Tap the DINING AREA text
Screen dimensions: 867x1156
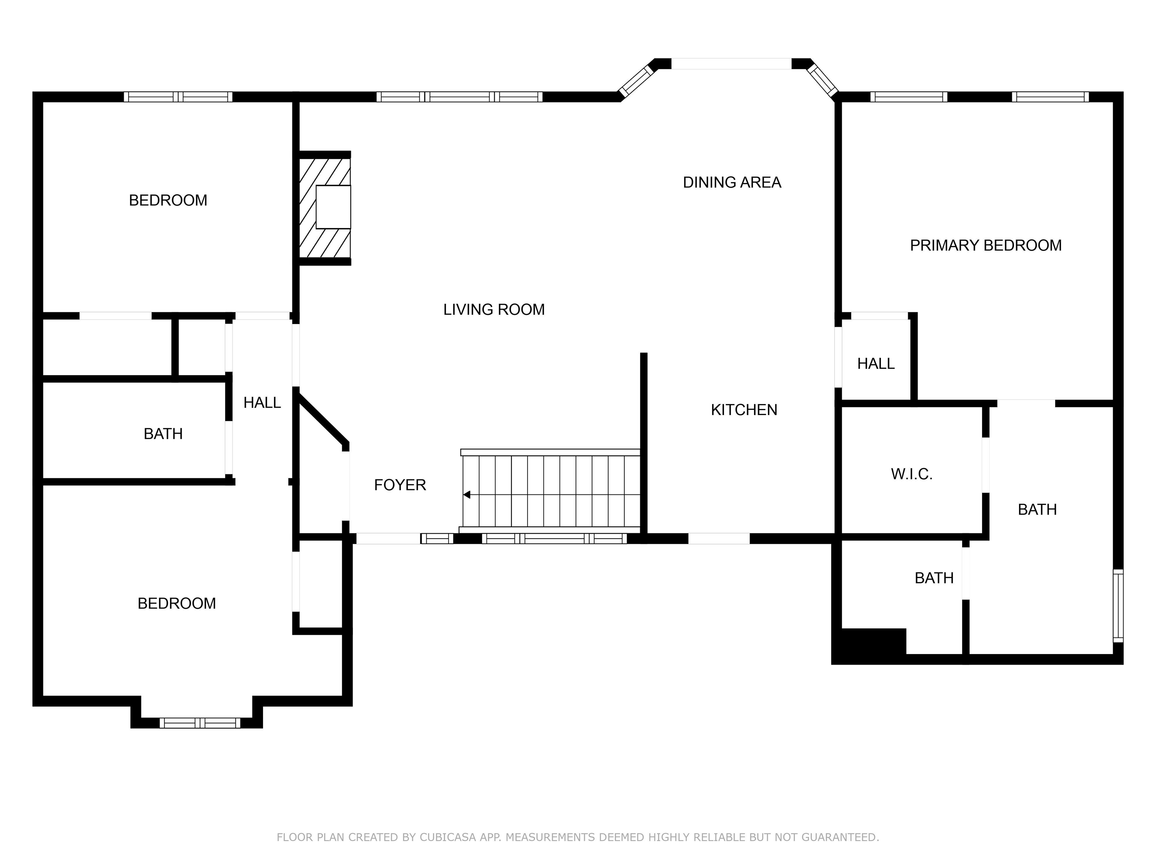tap(732, 183)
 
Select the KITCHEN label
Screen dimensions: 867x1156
tap(744, 410)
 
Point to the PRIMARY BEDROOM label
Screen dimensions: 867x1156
tap(986, 246)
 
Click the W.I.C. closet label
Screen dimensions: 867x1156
tap(911, 474)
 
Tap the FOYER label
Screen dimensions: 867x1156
tap(400, 485)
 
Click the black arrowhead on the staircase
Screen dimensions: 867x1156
tap(467, 494)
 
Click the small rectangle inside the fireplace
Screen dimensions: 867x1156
tap(333, 207)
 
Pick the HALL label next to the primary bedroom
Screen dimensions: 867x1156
tap(876, 364)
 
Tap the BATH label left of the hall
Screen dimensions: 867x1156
tap(163, 434)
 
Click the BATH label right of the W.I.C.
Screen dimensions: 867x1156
tap(1037, 510)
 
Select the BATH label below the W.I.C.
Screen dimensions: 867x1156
tap(934, 578)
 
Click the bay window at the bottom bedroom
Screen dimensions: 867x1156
tap(200, 723)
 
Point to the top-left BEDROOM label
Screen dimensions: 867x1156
tap(168, 200)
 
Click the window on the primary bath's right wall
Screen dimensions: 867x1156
tap(1117, 606)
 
